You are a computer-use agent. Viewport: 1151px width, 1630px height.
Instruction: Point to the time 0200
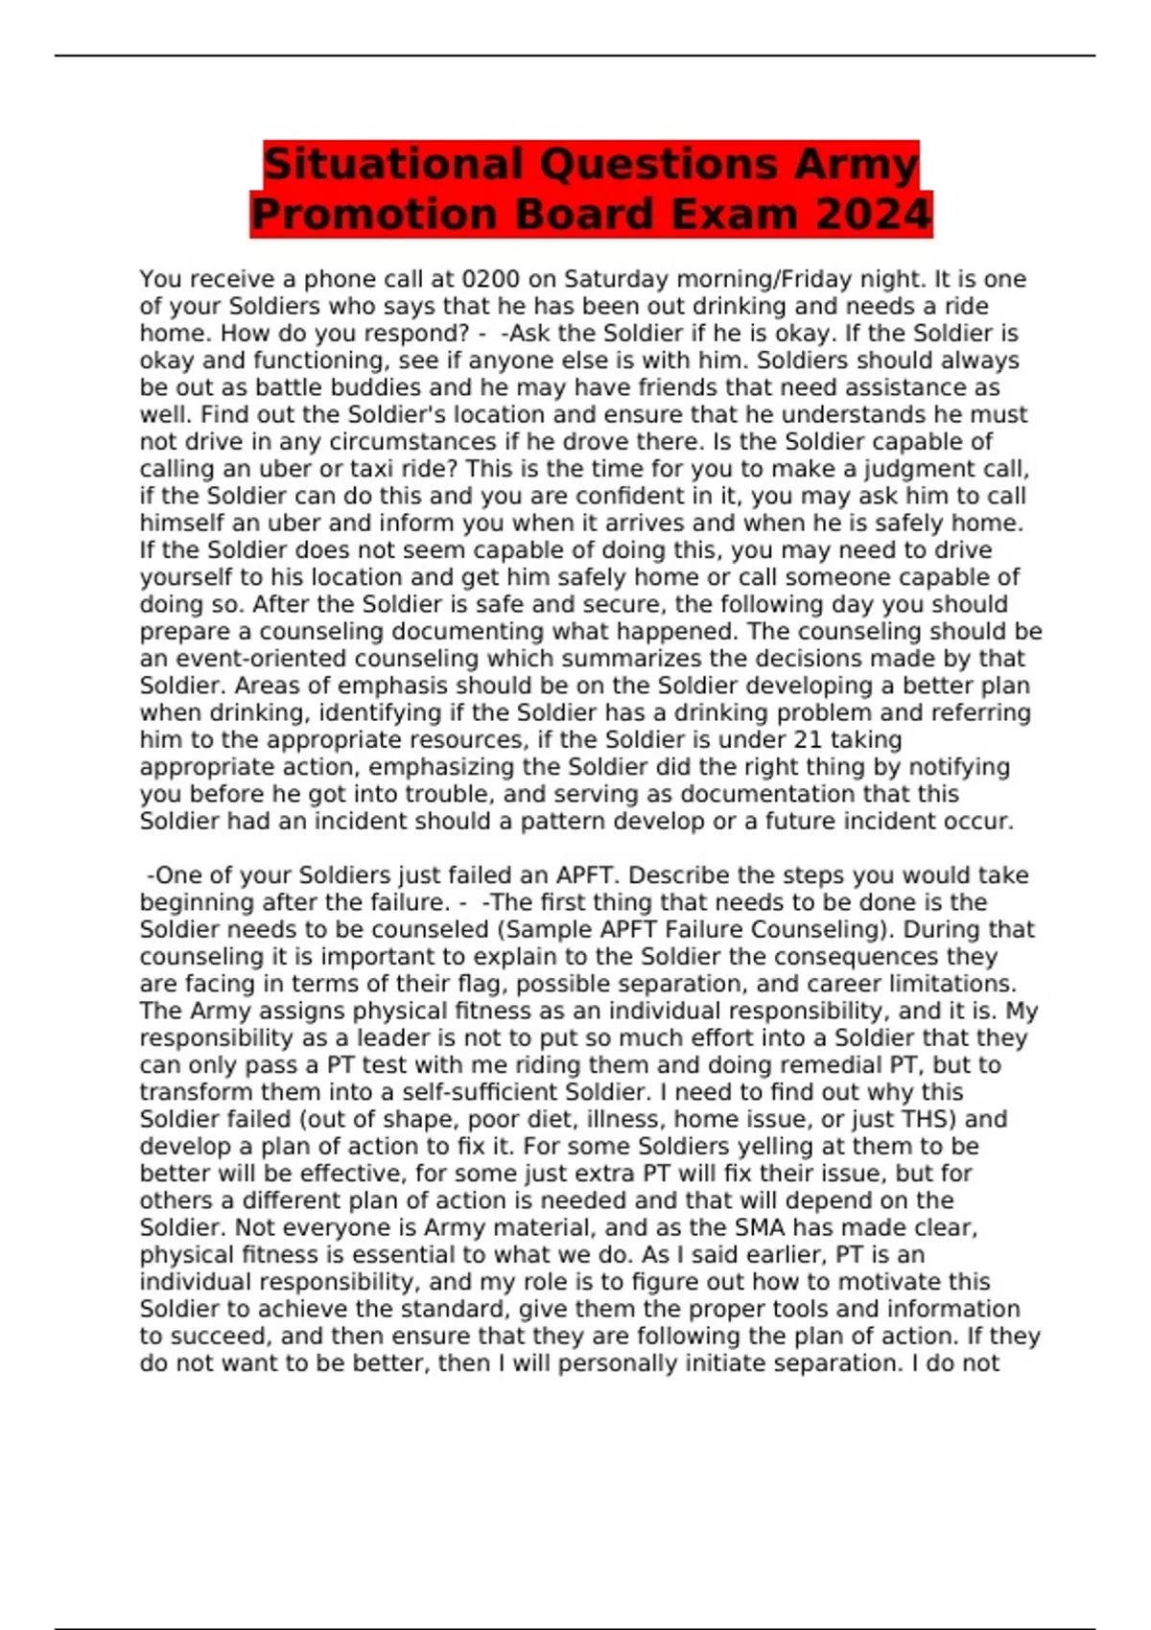coord(490,279)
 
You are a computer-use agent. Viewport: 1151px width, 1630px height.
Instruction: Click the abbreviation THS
coord(928,1119)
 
